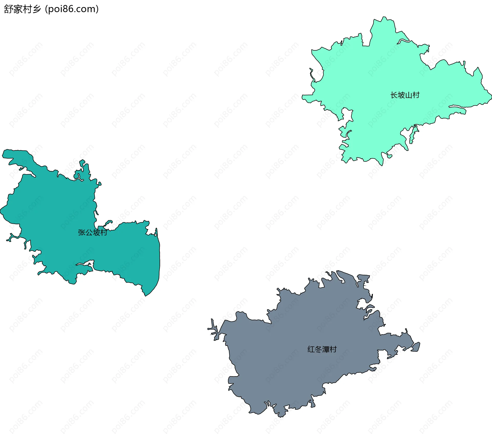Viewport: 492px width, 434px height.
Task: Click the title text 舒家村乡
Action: coord(23,9)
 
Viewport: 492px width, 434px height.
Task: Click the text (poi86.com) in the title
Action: coord(72,9)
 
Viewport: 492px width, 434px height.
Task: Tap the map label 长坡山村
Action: coord(405,95)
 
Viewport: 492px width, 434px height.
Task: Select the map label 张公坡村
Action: coord(93,232)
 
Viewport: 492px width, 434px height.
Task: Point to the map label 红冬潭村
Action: coord(322,349)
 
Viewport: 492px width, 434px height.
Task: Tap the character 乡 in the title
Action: coord(37,9)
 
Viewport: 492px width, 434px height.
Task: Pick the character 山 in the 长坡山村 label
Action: coord(409,95)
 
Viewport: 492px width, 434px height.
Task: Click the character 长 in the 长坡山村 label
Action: coord(394,95)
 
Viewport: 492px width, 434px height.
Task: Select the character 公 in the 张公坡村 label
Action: coord(89,232)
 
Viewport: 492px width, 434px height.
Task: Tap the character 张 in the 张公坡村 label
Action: coord(81,232)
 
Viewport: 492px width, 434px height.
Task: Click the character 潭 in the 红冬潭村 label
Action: coord(326,349)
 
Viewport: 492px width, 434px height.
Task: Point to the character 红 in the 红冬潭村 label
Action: coord(311,349)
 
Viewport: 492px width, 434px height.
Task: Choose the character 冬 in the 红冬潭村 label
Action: coord(318,349)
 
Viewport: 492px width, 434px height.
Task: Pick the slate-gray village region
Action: coord(295,358)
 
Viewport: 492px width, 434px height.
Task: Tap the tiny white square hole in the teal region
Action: coord(155,235)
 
